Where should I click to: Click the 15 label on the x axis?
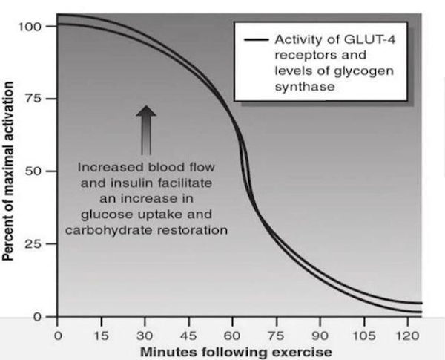[102, 335]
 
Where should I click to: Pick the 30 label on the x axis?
[146, 335]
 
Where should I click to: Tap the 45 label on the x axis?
[190, 335]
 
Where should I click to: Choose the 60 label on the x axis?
[234, 335]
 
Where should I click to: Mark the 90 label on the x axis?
[321, 335]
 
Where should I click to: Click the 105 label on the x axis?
[364, 335]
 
